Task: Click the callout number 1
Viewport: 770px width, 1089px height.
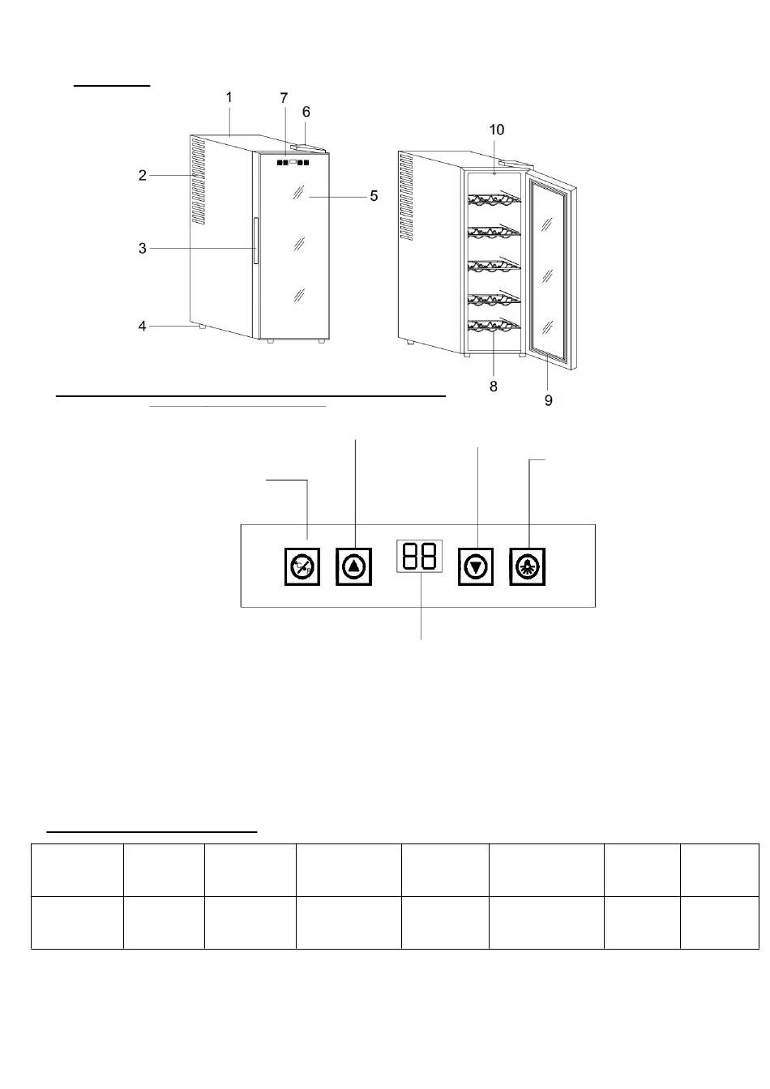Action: (229, 98)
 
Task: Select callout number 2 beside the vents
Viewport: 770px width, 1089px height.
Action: (142, 176)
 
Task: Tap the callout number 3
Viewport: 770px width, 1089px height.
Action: (142, 249)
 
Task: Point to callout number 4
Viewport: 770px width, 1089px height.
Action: (142, 326)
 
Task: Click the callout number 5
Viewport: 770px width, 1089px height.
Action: (374, 196)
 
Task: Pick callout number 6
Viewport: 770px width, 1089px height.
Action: (306, 112)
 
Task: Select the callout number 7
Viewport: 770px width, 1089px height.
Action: (284, 98)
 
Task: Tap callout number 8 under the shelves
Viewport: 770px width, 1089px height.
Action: (494, 386)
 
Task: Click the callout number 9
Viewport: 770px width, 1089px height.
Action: (548, 400)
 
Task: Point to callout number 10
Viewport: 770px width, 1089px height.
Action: (497, 130)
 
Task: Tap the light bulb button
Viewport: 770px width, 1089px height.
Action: (528, 566)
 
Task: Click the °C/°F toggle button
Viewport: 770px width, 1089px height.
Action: (302, 566)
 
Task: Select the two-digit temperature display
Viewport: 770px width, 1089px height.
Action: (419, 556)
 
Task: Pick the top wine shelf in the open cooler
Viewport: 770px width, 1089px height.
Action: (494, 200)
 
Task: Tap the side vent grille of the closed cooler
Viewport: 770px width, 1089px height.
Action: (198, 181)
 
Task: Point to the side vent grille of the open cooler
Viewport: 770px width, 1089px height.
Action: (406, 198)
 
